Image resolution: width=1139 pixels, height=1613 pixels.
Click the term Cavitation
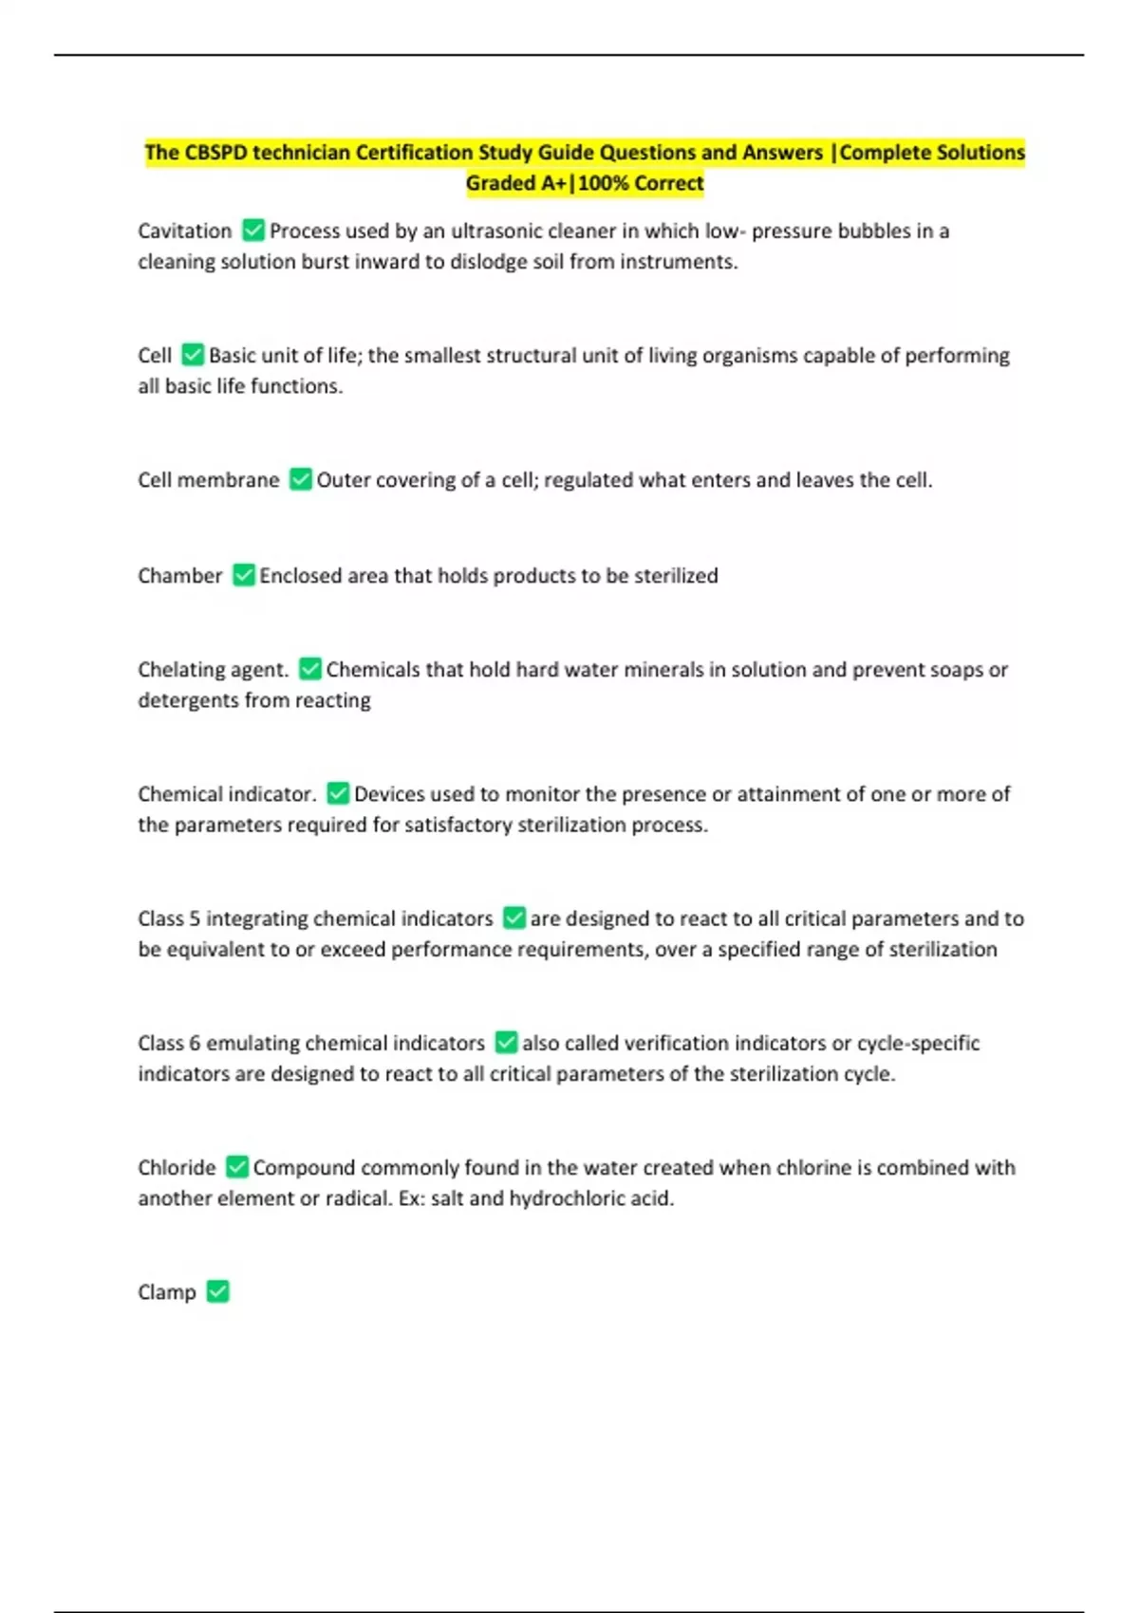click(x=184, y=231)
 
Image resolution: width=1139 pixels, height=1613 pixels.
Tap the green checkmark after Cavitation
click(x=253, y=230)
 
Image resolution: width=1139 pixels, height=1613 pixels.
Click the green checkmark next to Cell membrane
click(x=300, y=479)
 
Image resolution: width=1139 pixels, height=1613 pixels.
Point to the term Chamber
click(x=179, y=575)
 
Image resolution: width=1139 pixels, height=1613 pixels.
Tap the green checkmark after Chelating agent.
click(x=309, y=669)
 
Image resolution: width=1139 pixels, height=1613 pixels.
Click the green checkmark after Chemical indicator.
click(x=338, y=793)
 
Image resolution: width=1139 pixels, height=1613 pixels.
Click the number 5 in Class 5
click(x=195, y=918)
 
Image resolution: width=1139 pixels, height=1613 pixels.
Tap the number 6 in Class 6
click(x=195, y=1043)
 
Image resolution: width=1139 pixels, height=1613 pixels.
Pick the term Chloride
click(x=177, y=1167)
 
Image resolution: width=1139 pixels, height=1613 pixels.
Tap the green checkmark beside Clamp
click(x=218, y=1291)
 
